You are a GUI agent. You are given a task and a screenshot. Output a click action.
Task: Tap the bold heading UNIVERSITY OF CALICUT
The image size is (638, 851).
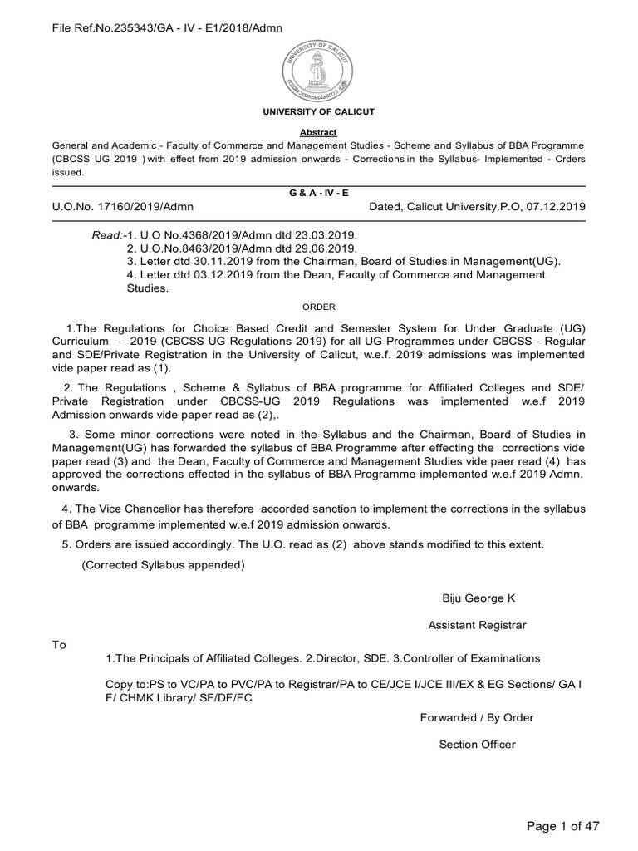320,111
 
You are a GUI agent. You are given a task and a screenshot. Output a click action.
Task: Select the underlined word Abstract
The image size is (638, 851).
319,131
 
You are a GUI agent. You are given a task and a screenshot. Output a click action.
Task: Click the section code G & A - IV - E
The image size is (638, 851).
319,192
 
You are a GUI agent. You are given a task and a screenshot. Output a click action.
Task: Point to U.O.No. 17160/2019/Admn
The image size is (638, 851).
123,207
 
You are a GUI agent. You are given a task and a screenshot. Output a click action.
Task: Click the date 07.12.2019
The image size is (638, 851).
557,207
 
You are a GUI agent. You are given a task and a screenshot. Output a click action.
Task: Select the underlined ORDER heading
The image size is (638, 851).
319,307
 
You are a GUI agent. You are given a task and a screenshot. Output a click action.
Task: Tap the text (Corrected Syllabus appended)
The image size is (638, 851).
163,565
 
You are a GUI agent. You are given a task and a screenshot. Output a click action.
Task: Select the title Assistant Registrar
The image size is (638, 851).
477,625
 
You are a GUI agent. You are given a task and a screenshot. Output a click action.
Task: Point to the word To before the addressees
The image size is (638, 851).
58,644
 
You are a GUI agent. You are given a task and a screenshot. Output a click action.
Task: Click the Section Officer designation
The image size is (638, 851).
477,744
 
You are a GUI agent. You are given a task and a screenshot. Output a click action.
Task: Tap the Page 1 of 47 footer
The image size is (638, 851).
563,825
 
